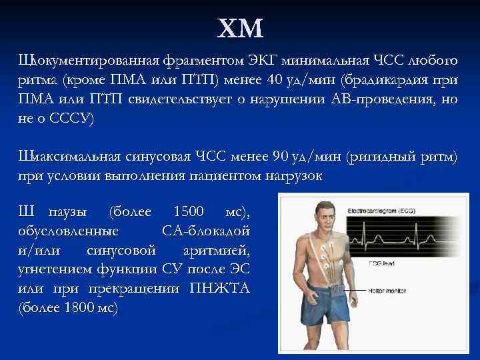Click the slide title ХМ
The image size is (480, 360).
point(241,29)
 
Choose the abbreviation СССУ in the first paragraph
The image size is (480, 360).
point(73,119)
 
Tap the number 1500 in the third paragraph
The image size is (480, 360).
point(189,213)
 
